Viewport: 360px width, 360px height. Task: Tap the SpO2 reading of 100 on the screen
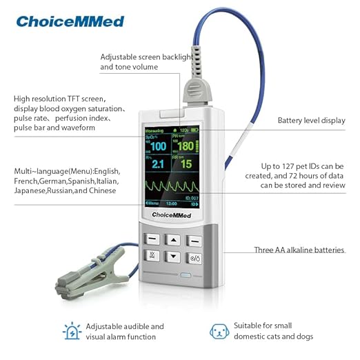click(159, 146)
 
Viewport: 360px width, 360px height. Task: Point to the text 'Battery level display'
click(311, 121)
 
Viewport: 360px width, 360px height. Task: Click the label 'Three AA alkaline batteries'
click(299, 250)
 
